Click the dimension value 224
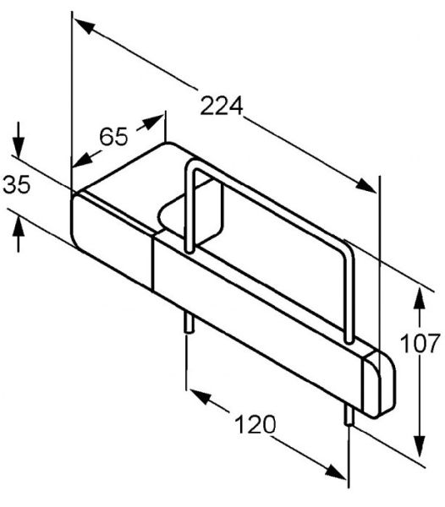tap(222, 106)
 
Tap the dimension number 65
tap(113, 136)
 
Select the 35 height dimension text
tap(17, 184)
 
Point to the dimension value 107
tap(420, 343)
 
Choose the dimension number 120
tap(255, 424)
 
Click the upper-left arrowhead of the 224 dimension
tap(85, 27)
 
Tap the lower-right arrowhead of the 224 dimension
tap(365, 185)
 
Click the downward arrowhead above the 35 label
tap(19, 148)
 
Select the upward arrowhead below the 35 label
tap(19, 227)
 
